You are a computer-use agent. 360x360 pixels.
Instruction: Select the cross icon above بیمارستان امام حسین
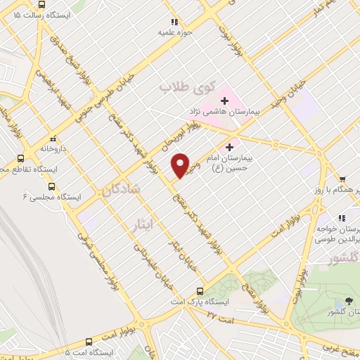(x=229, y=148)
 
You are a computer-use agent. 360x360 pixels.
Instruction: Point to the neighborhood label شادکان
(x=122, y=189)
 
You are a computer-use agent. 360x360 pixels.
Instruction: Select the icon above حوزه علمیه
(x=174, y=22)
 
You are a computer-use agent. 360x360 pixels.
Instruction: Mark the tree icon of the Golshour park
(x=349, y=301)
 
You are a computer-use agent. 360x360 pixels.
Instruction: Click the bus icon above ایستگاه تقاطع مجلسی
(x=20, y=158)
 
